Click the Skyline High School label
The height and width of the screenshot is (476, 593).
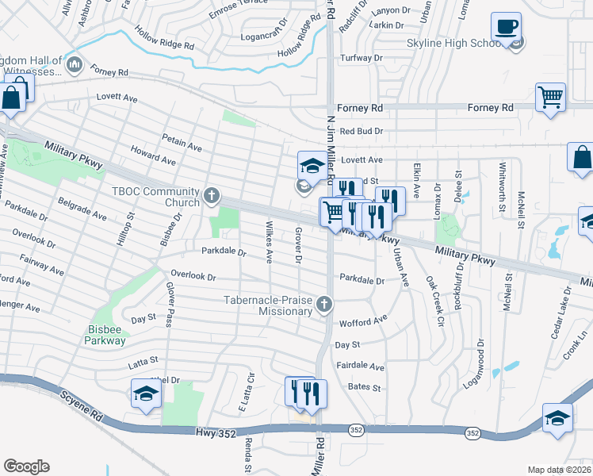[453, 43]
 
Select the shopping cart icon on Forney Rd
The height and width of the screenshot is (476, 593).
[550, 98]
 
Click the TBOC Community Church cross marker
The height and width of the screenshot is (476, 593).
[211, 194]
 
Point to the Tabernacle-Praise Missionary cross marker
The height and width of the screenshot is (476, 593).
[323, 304]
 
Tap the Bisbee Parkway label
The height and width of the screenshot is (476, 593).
[105, 334]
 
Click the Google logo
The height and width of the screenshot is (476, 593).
[25, 466]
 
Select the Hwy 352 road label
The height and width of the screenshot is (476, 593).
[214, 432]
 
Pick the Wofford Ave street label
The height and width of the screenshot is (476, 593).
[362, 322]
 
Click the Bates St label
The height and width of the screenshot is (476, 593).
[365, 388]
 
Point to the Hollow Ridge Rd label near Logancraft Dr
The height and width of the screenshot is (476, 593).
[299, 42]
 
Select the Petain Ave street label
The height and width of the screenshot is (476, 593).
[182, 143]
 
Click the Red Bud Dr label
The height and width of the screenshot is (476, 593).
[361, 131]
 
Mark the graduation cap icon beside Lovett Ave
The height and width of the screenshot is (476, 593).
[312, 167]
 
